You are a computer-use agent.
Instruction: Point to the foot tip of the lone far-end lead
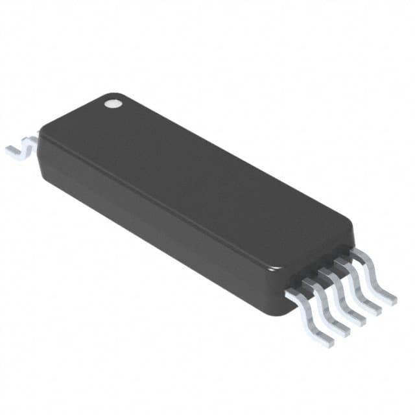pos(12,152)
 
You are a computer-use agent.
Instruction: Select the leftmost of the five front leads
pos(309,317)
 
